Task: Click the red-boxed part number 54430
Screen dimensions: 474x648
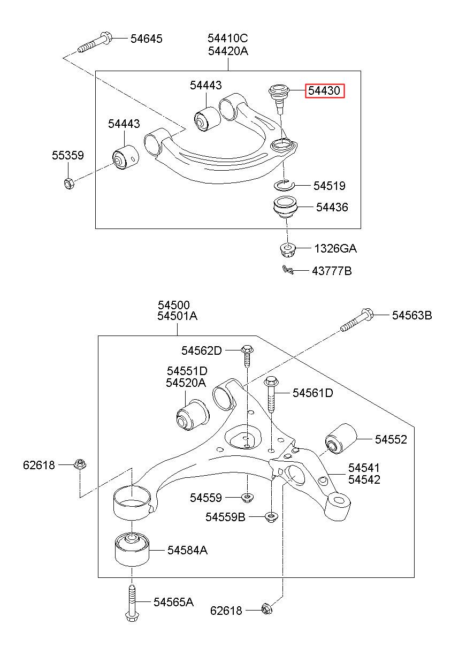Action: point(325,91)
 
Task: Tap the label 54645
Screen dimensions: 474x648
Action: point(147,39)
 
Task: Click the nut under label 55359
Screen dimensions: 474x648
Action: point(68,183)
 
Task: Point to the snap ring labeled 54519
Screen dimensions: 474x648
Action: point(284,185)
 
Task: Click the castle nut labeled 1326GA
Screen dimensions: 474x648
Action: point(287,249)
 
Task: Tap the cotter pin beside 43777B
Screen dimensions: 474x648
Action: point(288,270)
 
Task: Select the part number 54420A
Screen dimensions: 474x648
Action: point(228,51)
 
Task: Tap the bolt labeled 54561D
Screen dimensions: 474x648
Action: point(271,394)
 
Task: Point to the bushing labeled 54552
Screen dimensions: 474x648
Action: point(341,439)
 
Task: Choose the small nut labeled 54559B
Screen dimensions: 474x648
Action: point(271,517)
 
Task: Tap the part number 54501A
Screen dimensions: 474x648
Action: point(177,316)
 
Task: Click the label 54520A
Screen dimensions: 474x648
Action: point(186,383)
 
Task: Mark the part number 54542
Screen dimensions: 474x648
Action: point(364,479)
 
